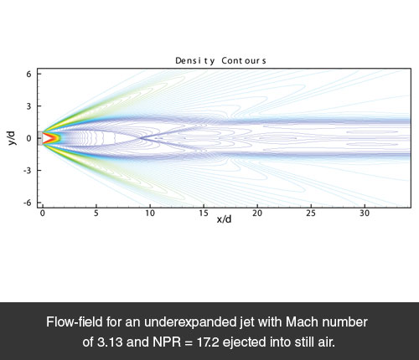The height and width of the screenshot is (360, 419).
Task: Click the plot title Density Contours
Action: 220,61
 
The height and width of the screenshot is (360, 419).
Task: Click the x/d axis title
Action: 224,219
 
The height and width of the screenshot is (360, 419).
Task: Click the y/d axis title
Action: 12,138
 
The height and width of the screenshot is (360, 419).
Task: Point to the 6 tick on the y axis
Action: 29,74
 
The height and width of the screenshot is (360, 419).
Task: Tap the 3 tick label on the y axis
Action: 29,106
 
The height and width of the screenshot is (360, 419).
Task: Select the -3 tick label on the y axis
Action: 28,170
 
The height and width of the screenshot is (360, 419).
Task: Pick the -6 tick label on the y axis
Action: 28,203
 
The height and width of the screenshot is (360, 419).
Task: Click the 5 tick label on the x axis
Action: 96,213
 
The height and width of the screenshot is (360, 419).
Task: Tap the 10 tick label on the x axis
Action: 150,213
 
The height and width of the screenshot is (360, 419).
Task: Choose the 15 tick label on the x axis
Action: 204,213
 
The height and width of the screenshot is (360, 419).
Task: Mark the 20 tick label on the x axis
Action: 257,213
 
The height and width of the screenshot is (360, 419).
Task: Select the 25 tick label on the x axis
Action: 311,213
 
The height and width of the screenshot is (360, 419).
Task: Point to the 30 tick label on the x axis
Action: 365,213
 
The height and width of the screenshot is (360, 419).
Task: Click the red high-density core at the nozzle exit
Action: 53,138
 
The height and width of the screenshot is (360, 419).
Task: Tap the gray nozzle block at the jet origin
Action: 40,138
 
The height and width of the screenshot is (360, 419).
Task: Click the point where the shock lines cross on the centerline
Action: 141,138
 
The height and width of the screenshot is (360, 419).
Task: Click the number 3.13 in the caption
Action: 110,342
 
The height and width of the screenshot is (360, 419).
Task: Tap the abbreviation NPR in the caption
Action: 167,342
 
